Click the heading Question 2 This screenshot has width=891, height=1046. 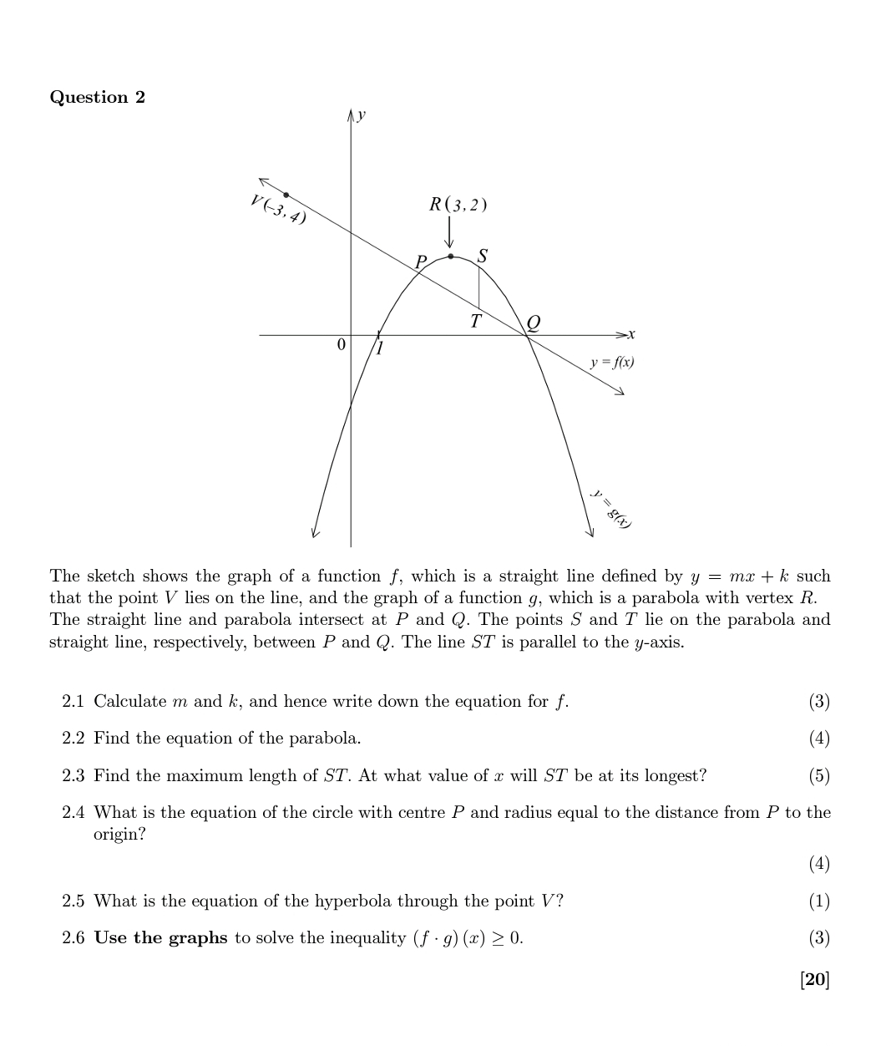tap(97, 97)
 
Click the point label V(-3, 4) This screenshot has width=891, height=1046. tap(277, 209)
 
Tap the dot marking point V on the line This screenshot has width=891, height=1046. tap(286, 195)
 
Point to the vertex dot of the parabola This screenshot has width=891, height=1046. tap(451, 256)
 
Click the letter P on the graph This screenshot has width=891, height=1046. tap(421, 261)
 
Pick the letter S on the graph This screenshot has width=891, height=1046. tap(482, 256)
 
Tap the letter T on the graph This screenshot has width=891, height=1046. tap(475, 322)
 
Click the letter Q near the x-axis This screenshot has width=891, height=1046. tap(533, 322)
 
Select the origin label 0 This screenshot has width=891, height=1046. tap(340, 344)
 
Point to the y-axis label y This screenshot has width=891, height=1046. tap(362, 115)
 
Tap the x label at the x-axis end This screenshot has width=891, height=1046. tap(631, 335)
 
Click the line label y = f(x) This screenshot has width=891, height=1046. tap(612, 363)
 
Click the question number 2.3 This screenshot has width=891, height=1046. tap(73, 775)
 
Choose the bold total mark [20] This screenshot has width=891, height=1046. tap(814, 979)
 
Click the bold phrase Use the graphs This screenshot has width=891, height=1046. tap(160, 937)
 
